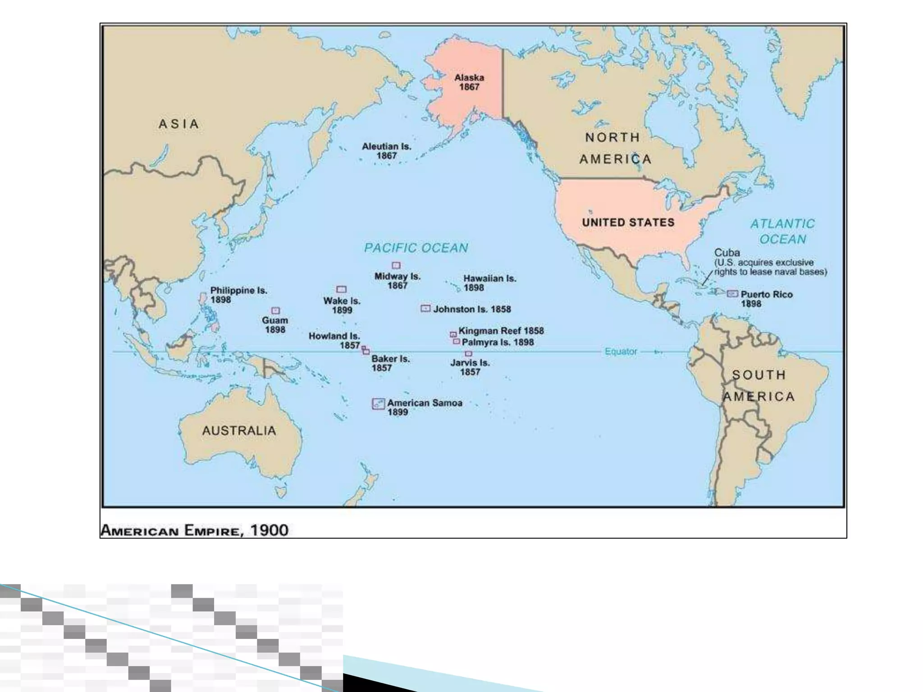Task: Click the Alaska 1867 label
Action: pyautogui.click(x=469, y=82)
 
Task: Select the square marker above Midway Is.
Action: pyautogui.click(x=396, y=265)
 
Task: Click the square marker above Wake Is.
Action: pyautogui.click(x=342, y=289)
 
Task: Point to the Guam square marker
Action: pyautogui.click(x=275, y=311)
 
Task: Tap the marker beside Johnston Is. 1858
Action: pyautogui.click(x=425, y=309)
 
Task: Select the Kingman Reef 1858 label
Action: pyautogui.click(x=501, y=331)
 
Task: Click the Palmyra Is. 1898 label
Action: pyautogui.click(x=498, y=342)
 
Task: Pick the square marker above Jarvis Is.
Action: pyautogui.click(x=468, y=354)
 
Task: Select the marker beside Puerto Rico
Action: pyautogui.click(x=732, y=294)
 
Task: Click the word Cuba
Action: pyautogui.click(x=727, y=253)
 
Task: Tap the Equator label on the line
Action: pyautogui.click(x=621, y=351)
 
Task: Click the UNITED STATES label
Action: pyautogui.click(x=628, y=223)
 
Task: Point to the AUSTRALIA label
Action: pyautogui.click(x=239, y=431)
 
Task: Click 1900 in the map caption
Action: pyautogui.click(x=269, y=530)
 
